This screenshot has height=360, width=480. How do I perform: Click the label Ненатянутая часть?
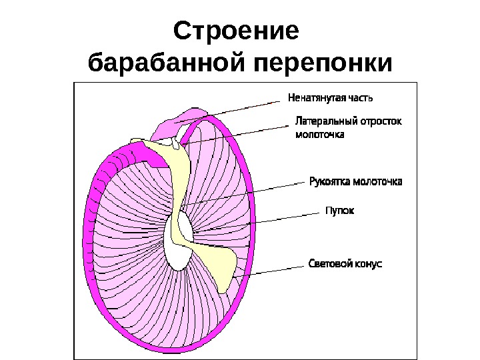[x=330, y=97]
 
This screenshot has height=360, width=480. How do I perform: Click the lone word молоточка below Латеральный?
[x=319, y=135]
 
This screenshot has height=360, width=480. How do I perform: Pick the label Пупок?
[x=339, y=211]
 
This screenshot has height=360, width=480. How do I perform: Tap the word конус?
[x=369, y=264]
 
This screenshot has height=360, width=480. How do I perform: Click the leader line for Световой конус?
[x=273, y=269]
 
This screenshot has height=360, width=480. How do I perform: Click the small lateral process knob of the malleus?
[x=175, y=142]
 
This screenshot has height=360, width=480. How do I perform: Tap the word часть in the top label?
[x=359, y=97]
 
